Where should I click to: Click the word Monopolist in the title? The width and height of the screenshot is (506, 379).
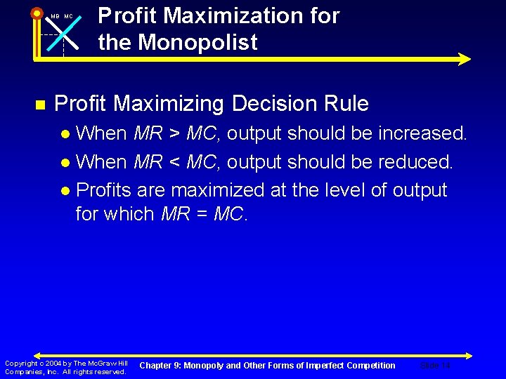197,42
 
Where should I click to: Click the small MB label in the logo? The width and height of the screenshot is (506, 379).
55,16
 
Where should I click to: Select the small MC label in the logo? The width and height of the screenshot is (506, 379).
68,16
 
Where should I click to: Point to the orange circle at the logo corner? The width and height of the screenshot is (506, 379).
37,12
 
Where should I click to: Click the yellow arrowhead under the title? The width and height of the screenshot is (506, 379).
464,60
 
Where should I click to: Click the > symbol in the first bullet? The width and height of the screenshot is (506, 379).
172,132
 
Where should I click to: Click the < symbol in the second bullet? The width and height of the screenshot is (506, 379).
172,161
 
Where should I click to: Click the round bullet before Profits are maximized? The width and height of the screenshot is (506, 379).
65,191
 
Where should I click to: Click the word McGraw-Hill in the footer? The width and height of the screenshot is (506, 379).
110,364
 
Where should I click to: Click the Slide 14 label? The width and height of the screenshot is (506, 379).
435,365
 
